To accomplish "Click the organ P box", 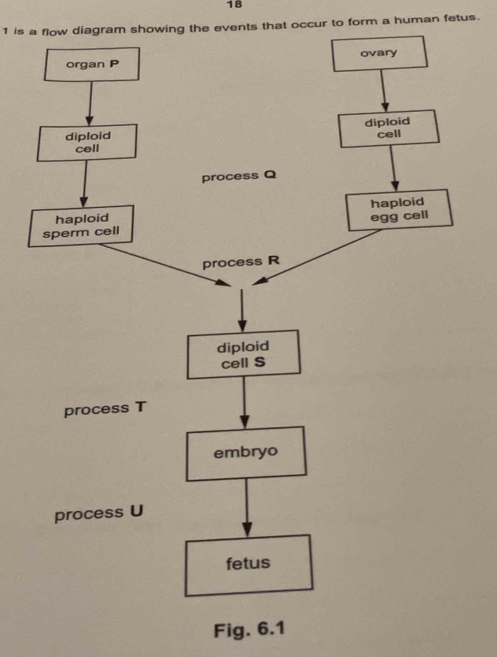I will click(x=92, y=64).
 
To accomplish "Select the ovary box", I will click(x=379, y=53).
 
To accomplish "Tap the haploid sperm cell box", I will click(x=81, y=226).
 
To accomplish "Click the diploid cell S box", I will click(x=243, y=354).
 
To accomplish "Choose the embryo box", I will click(x=245, y=453).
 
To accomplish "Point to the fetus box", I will click(x=248, y=565).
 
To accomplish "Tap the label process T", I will click(x=105, y=409).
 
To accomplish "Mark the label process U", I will click(x=98, y=513).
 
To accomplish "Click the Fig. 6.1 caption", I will click(x=249, y=629).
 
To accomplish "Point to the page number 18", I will click(x=234, y=5).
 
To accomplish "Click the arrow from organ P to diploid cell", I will click(x=90, y=103).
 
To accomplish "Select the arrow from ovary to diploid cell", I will click(x=383, y=91).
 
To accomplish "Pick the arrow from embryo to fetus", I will click(x=247, y=508).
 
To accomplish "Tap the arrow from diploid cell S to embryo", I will click(x=244, y=402).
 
